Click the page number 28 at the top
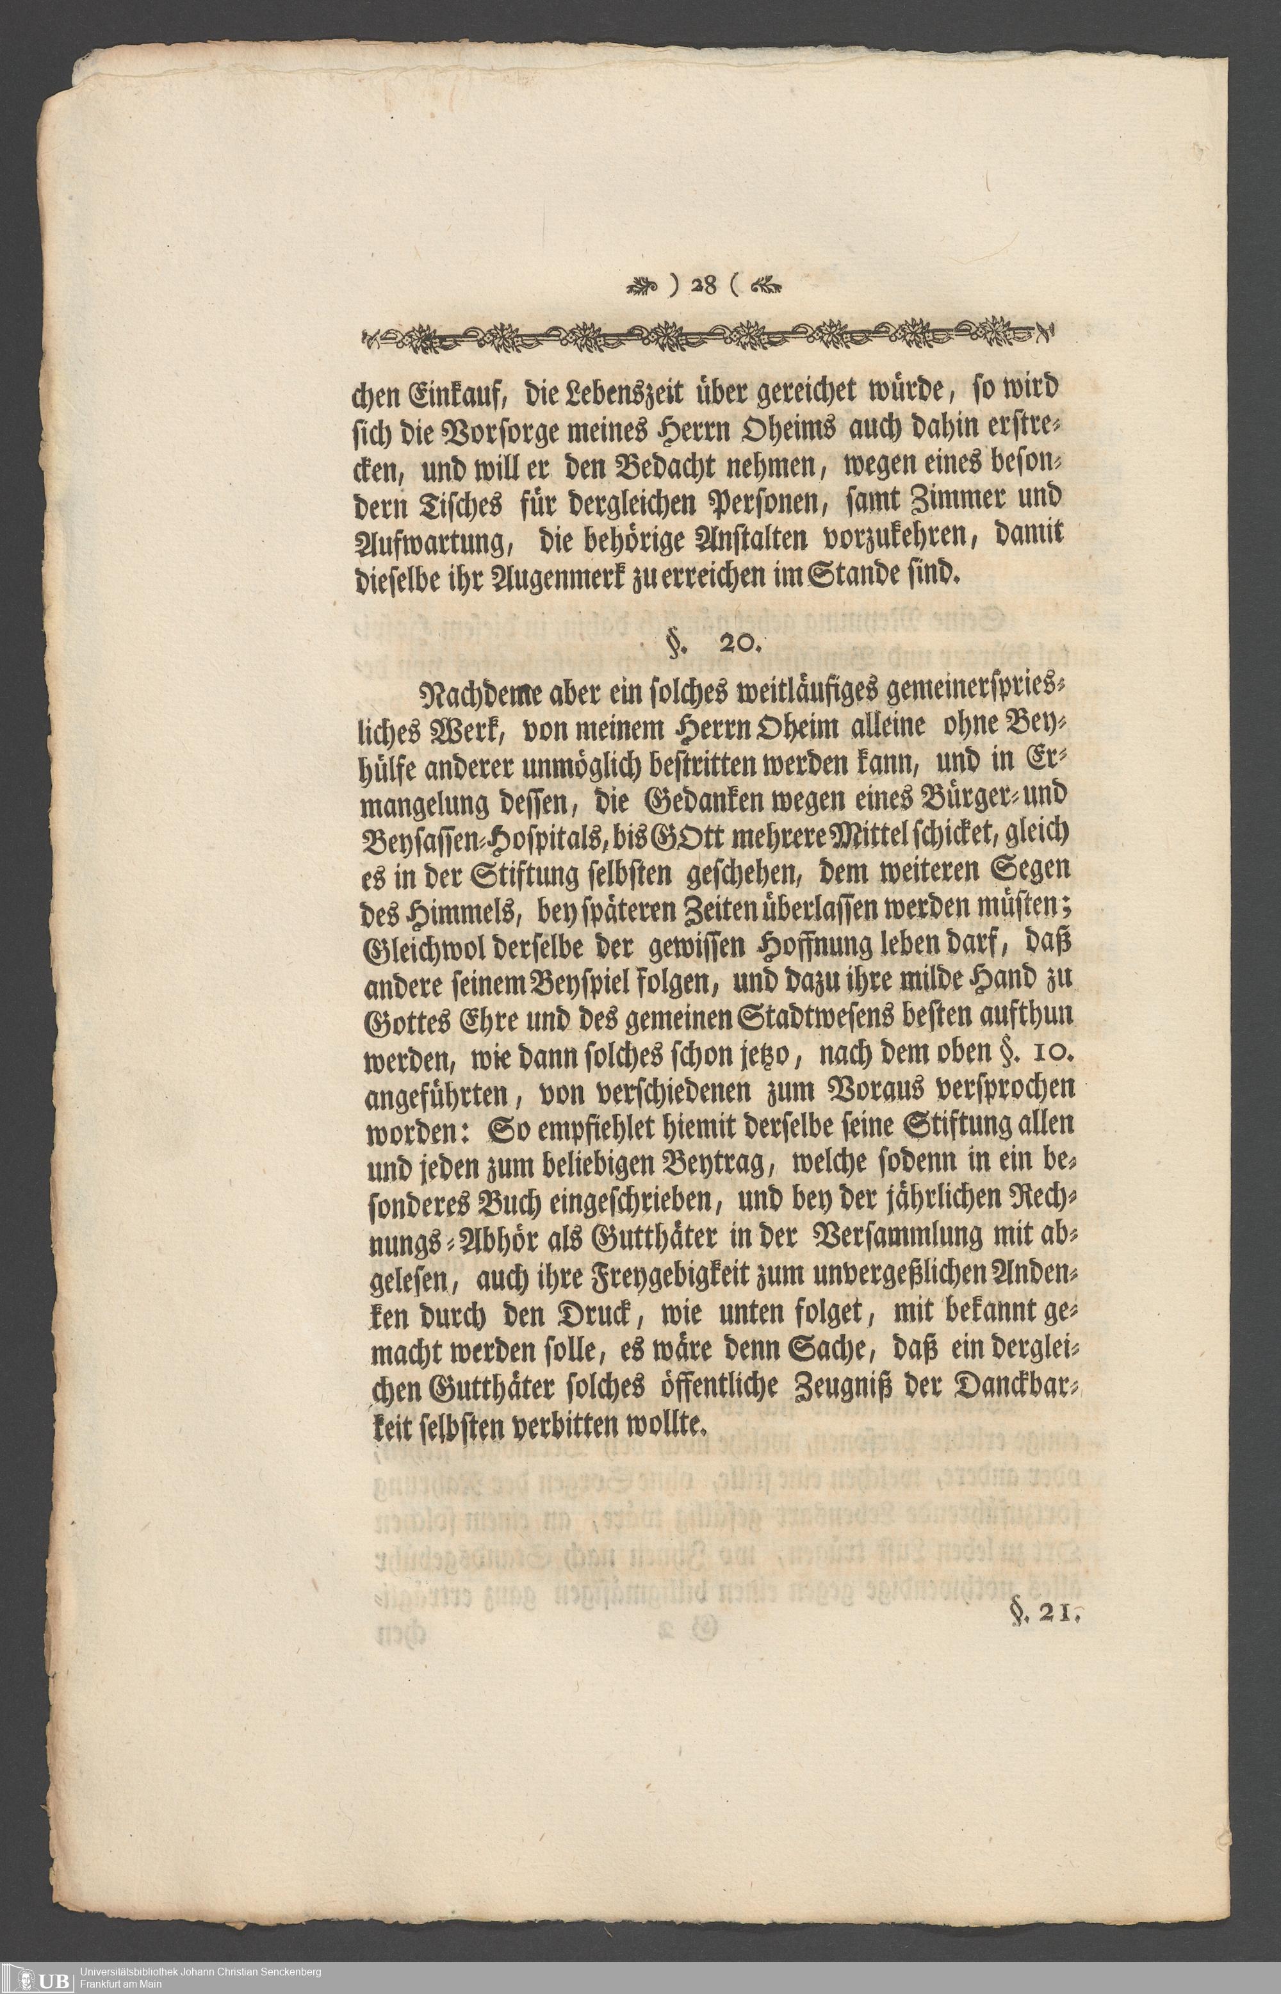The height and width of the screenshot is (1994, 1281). (703, 285)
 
